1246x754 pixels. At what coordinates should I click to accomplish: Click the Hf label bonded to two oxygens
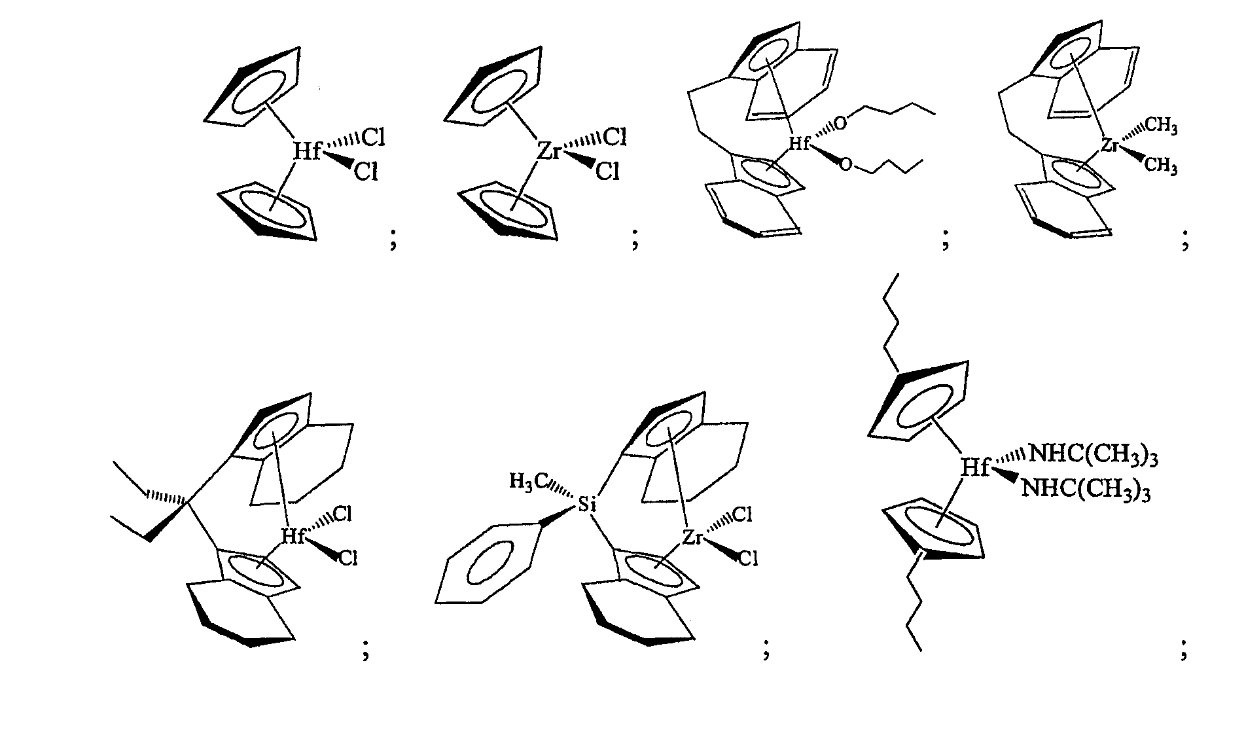coord(799,144)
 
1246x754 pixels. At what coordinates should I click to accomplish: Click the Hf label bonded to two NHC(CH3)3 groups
coord(975,467)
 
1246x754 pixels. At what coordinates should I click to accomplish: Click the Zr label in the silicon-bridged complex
coord(692,537)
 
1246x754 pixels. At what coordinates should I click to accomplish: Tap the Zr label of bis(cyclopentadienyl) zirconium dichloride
coord(548,151)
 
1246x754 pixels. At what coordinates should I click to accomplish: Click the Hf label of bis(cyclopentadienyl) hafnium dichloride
coord(306,151)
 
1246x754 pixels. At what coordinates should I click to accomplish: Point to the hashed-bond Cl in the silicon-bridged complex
coord(741,515)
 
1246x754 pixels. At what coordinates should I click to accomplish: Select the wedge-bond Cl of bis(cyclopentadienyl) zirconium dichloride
coord(607,171)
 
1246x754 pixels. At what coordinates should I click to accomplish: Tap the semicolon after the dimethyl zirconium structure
coord(1185,242)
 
